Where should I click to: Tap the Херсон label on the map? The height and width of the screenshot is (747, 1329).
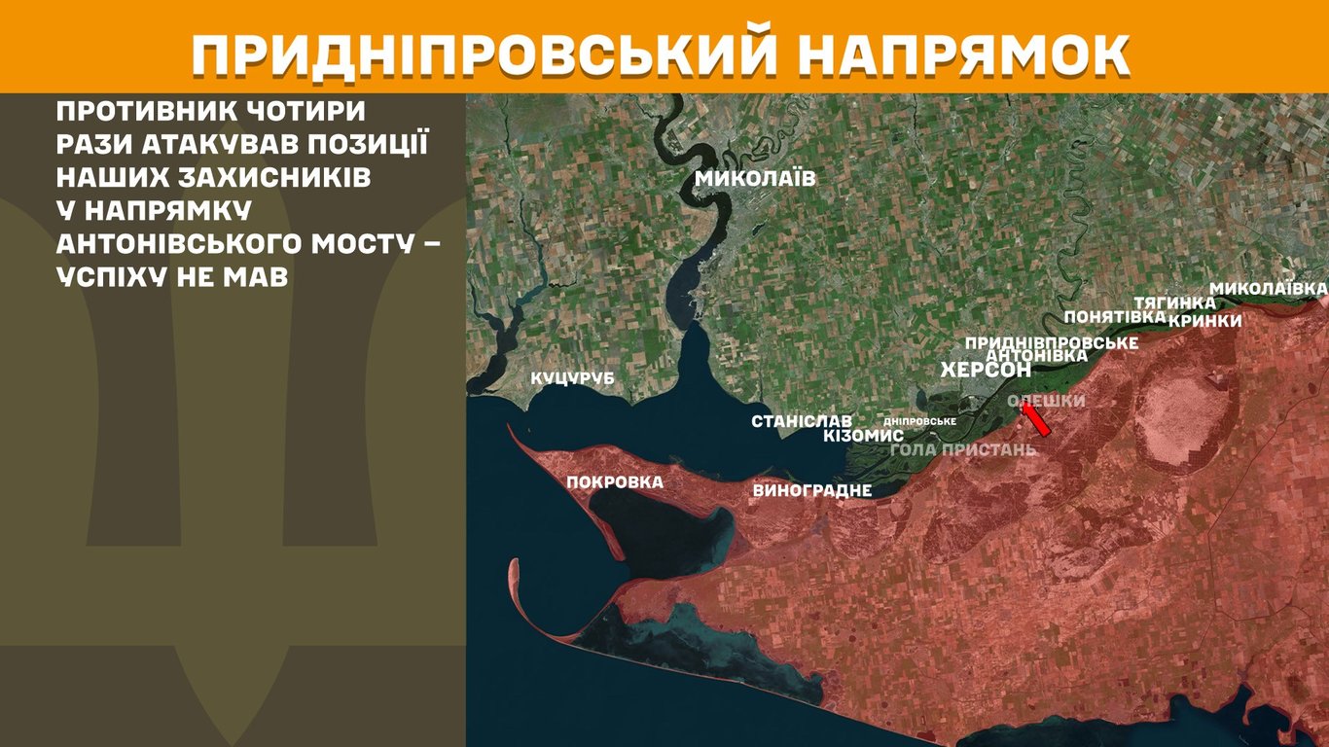(986, 371)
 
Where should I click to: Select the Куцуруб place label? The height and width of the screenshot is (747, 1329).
(572, 378)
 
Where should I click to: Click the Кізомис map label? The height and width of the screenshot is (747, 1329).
(863, 436)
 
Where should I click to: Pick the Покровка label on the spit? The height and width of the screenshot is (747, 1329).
(615, 481)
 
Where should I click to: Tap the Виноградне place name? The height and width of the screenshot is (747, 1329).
(811, 490)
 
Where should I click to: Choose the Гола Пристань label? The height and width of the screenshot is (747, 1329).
(963, 448)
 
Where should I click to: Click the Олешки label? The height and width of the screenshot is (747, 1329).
(1046, 401)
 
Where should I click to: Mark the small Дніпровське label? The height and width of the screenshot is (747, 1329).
(920, 421)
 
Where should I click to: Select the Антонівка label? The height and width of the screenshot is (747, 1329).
(1035, 356)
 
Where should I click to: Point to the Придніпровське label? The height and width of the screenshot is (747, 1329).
(1052, 343)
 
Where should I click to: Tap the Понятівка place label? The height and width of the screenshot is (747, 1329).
(1114, 317)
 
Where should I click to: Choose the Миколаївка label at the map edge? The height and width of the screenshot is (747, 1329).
(1268, 289)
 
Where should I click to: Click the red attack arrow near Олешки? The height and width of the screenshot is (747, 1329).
(1035, 419)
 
